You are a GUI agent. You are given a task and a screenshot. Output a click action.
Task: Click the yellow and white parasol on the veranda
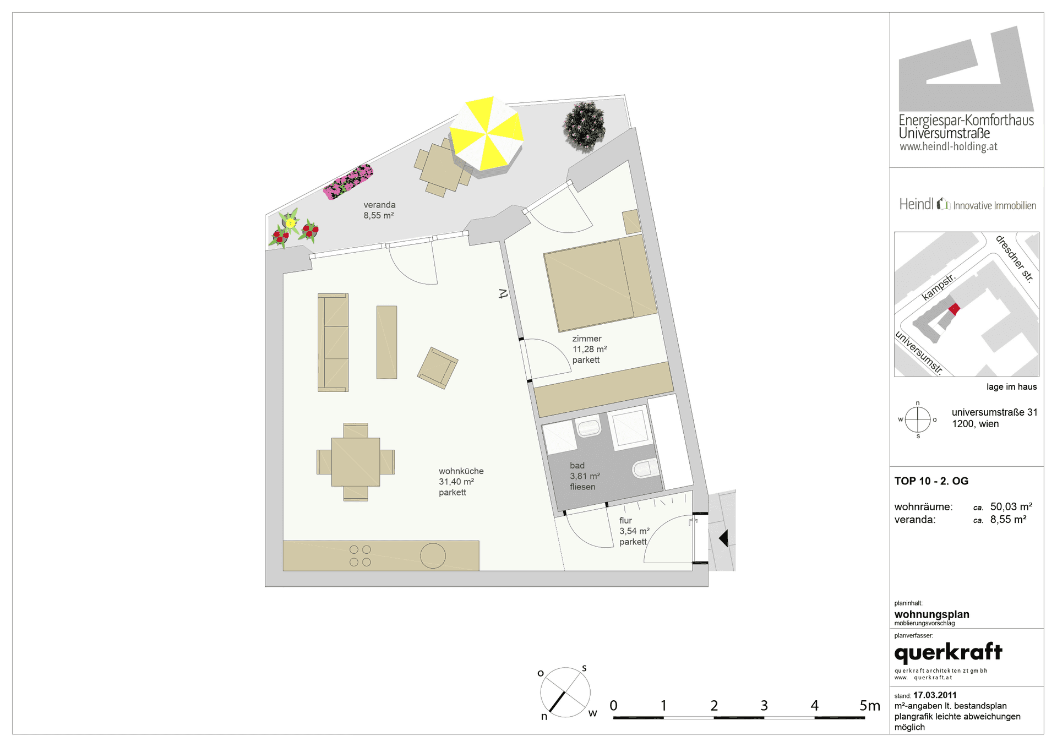point(486,135)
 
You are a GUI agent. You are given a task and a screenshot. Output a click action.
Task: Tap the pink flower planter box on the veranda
point(348,182)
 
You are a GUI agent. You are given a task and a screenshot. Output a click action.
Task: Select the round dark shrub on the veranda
point(584,127)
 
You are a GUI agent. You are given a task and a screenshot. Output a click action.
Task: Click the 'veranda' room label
point(379,205)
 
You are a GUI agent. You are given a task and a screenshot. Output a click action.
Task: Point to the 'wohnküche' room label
point(461,471)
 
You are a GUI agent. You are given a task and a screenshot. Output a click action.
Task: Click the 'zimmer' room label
point(587,339)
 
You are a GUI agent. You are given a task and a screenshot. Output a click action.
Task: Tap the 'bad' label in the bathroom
point(577,466)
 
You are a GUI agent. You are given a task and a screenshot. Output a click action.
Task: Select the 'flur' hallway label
point(625,521)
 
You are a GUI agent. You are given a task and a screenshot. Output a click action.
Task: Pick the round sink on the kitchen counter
point(433,556)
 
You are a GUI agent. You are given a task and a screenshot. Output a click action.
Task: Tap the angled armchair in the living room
point(438,368)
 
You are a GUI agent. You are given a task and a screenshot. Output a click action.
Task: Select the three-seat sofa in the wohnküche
point(333,342)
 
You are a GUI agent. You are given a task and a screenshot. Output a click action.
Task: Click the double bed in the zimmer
point(600,283)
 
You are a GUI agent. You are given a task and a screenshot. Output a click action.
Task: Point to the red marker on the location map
point(954,309)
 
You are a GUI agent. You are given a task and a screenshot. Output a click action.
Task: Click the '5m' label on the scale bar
point(870,706)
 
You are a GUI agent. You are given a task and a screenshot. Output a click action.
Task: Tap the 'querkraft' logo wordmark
point(949,653)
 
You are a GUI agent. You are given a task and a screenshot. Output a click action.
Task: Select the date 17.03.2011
point(935,695)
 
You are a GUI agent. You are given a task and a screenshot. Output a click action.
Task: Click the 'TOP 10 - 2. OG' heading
point(931,481)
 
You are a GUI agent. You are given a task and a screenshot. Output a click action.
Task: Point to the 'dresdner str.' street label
point(1015,259)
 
